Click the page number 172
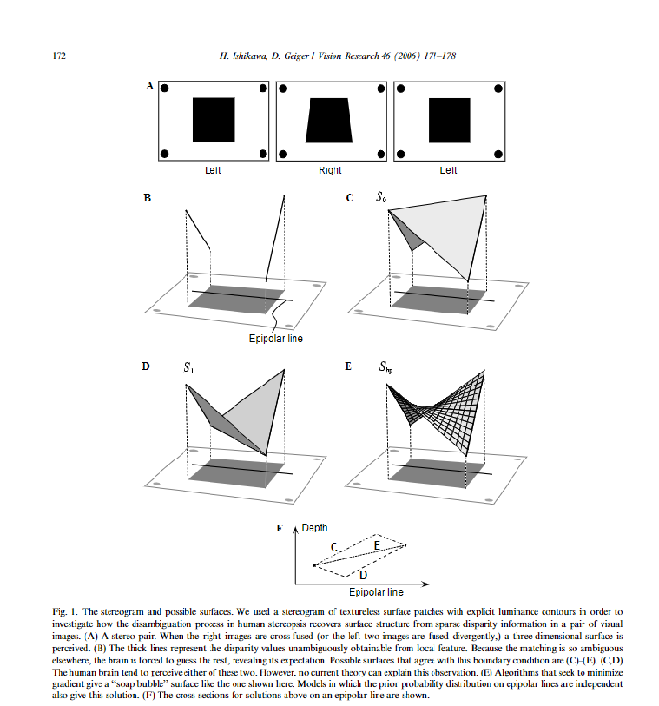coord(60,56)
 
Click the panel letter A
coord(149,85)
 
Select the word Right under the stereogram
coord(330,171)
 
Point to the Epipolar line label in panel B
coord(276,339)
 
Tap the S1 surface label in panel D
coord(188,367)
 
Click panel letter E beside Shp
coord(349,367)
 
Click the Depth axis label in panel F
coord(315,527)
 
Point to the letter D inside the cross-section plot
coord(363,575)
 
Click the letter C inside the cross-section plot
coord(333,546)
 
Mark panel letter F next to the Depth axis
coord(279,527)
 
